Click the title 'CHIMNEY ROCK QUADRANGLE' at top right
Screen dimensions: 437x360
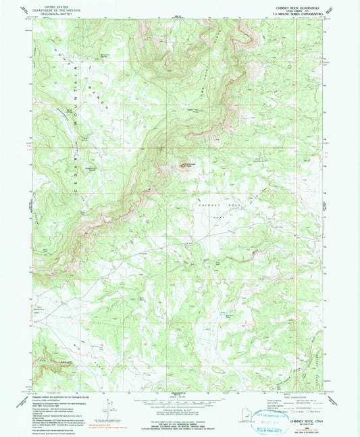[x=290, y=9]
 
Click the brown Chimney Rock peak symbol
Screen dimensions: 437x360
[x=182, y=164]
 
